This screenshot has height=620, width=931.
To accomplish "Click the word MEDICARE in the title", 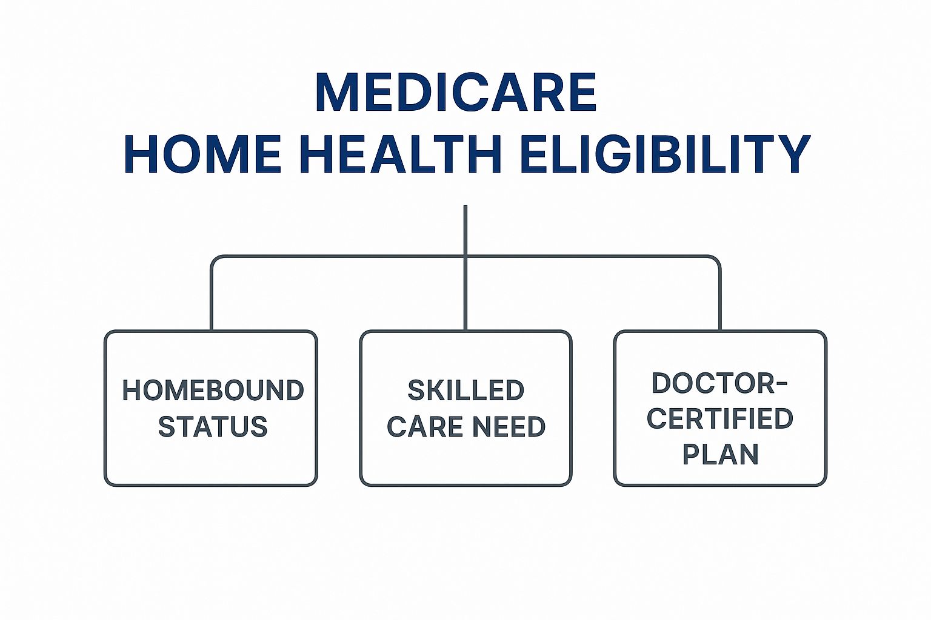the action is click(x=456, y=92).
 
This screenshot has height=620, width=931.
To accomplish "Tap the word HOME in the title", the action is click(x=203, y=154).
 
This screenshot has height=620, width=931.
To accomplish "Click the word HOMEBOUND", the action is click(x=213, y=390).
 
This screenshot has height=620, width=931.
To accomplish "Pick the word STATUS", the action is click(x=213, y=426).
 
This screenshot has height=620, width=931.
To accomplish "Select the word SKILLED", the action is click(x=466, y=390).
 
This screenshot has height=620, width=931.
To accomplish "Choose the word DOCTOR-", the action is click(x=719, y=383).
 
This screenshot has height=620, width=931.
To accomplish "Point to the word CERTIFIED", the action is click(x=720, y=418).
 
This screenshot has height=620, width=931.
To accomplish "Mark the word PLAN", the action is click(x=721, y=454).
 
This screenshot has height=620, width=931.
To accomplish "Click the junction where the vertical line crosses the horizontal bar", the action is click(x=465, y=257).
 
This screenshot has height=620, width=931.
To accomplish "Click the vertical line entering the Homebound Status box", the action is click(x=212, y=299).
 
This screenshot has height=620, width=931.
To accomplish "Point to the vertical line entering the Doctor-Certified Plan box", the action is click(x=719, y=299).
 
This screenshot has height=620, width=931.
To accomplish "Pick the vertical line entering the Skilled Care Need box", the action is click(x=465, y=294).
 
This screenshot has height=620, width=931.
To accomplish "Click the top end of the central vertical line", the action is click(x=465, y=206).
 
